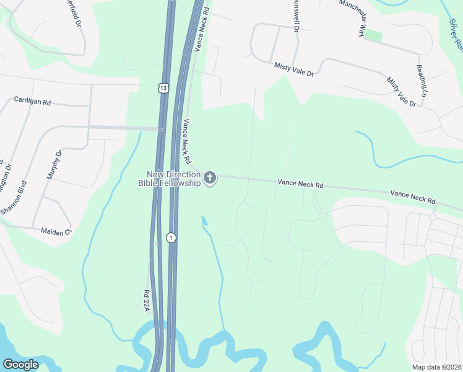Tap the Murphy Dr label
[x=54, y=165]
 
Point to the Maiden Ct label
[x=56, y=231]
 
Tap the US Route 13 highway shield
[x=162, y=88]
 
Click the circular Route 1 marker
[x=171, y=237]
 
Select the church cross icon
[x=210, y=179]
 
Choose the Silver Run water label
[x=456, y=34]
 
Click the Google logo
[x=20, y=365]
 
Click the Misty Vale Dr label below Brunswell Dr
[x=294, y=69]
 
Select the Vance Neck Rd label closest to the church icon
[x=185, y=138]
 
